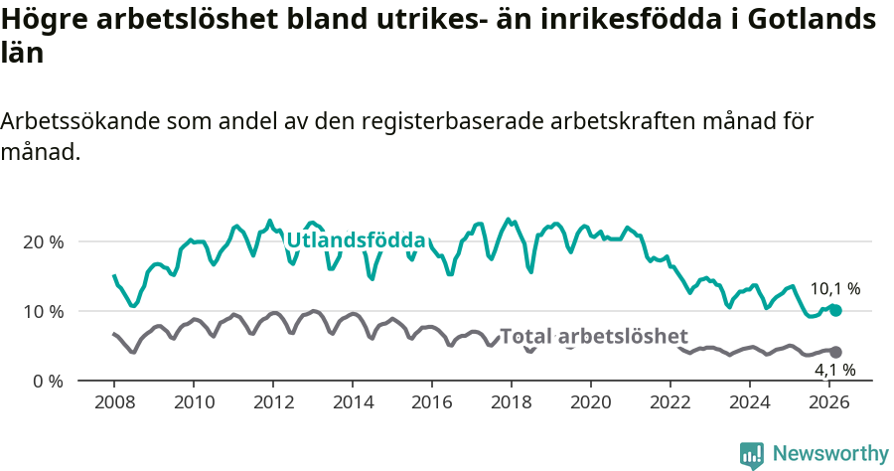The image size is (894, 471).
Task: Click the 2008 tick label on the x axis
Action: tap(114, 402)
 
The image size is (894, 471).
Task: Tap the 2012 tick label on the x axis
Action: tap(273, 402)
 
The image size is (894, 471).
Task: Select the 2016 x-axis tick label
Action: tap(432, 402)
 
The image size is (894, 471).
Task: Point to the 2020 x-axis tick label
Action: tap(591, 402)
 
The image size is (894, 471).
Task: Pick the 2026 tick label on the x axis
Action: tap(829, 402)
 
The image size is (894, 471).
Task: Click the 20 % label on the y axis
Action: tap(43, 241)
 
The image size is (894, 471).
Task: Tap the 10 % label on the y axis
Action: tap(43, 311)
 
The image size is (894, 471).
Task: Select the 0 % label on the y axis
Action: tap(47, 381)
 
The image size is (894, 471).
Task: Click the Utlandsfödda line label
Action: tap(356, 240)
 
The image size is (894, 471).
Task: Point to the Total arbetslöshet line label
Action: tap(593, 336)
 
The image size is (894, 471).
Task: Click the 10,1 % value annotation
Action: tap(835, 289)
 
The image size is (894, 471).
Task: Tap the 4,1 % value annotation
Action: tap(835, 370)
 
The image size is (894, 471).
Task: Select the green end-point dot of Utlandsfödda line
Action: tap(835, 310)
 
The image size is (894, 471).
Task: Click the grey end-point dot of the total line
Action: tap(835, 352)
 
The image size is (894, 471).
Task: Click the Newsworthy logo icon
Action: tap(752, 454)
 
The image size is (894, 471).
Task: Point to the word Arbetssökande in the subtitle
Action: tap(79, 121)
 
